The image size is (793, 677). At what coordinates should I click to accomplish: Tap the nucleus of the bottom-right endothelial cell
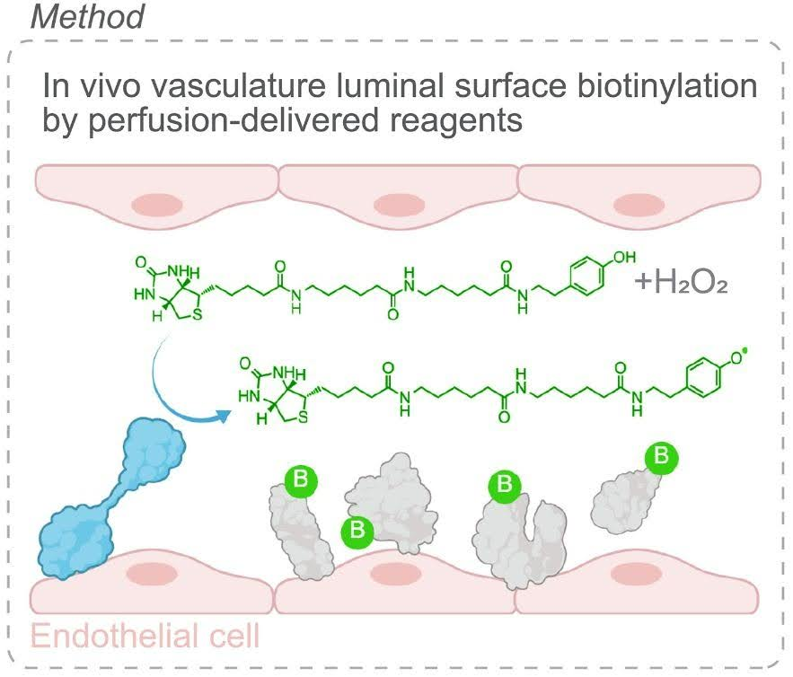click(644, 573)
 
